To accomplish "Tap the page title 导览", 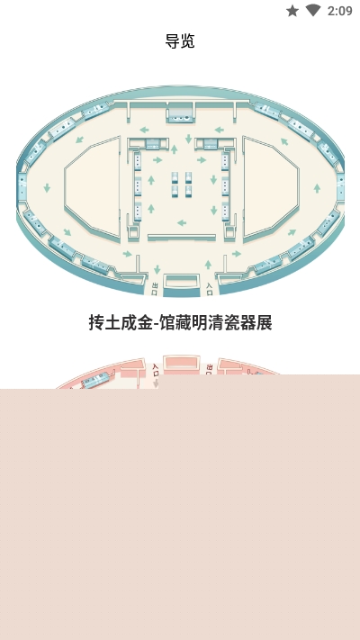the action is pos(180,41).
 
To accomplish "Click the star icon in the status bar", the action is pos(292,11).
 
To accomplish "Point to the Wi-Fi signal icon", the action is pos(313,11).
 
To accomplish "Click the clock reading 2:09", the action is pos(339,11).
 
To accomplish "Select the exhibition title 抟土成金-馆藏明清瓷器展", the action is pos(180,322).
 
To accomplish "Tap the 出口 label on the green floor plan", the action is pos(154,288).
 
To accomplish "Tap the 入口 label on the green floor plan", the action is pos(210,289).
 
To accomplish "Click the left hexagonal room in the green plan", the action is pos(92,187).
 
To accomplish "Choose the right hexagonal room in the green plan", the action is pos(271,187).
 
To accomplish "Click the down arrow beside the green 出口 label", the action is pos(157,270).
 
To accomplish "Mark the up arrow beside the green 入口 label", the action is pos(208,265).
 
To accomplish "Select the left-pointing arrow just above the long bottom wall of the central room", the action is pos(182,223).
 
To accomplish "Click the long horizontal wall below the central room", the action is pos(182,237).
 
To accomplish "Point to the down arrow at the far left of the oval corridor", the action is pos(47,188).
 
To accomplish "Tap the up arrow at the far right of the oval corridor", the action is pos(317,188).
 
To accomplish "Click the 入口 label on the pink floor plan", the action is pos(155,370).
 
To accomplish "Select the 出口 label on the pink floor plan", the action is pos(210,370).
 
